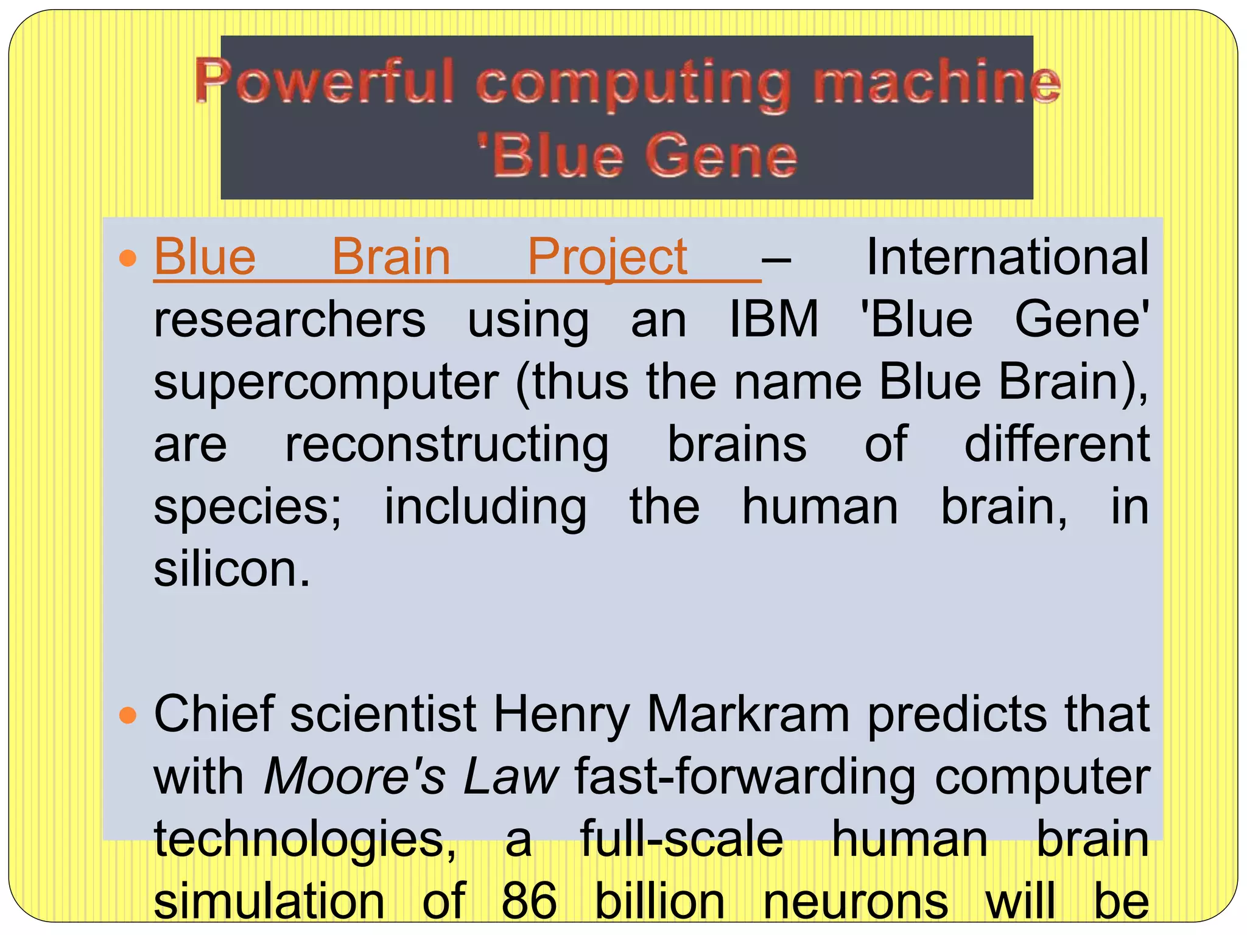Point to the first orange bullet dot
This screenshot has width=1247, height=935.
coord(128,259)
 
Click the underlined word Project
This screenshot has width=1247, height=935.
coord(607,258)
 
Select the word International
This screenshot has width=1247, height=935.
coord(1007,257)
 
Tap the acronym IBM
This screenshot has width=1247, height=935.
coord(774,319)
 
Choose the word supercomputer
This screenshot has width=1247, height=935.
coord(326,383)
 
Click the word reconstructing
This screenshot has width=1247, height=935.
coord(447,446)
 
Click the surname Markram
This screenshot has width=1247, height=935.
coord(748,714)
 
